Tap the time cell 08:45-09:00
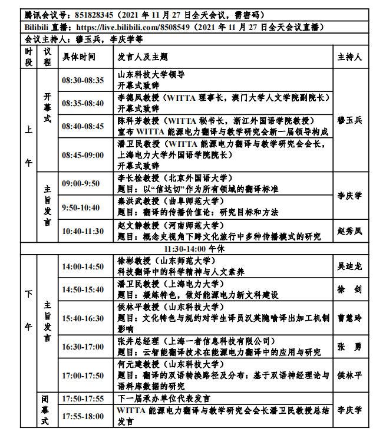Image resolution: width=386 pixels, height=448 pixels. click(83, 155)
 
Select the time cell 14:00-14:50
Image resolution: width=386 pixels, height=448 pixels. click(83, 267)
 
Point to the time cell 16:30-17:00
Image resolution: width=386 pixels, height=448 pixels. click(83, 347)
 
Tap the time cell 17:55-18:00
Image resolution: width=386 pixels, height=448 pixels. click(83, 416)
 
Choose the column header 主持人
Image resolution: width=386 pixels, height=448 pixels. click(349, 57)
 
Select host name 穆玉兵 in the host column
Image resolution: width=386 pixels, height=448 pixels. click(349, 120)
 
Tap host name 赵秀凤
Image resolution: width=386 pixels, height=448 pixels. click(349, 231)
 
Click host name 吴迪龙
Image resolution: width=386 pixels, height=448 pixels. click(349, 267)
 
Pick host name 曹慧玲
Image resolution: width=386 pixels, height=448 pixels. click(349, 318)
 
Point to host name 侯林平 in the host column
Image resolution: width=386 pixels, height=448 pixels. click(349, 374)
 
